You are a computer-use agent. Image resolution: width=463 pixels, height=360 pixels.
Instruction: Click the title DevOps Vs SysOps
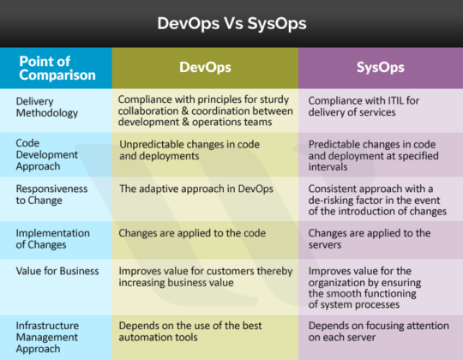point(231,23)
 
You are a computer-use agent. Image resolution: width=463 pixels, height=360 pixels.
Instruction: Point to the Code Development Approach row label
point(48,154)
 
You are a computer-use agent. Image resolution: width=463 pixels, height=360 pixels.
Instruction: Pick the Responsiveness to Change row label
point(51,194)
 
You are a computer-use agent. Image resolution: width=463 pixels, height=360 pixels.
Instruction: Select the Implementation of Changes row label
point(52,238)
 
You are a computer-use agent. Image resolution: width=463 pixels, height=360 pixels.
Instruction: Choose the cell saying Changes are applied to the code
point(182,232)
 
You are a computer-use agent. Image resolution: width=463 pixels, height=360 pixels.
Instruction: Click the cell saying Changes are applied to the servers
point(369,238)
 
